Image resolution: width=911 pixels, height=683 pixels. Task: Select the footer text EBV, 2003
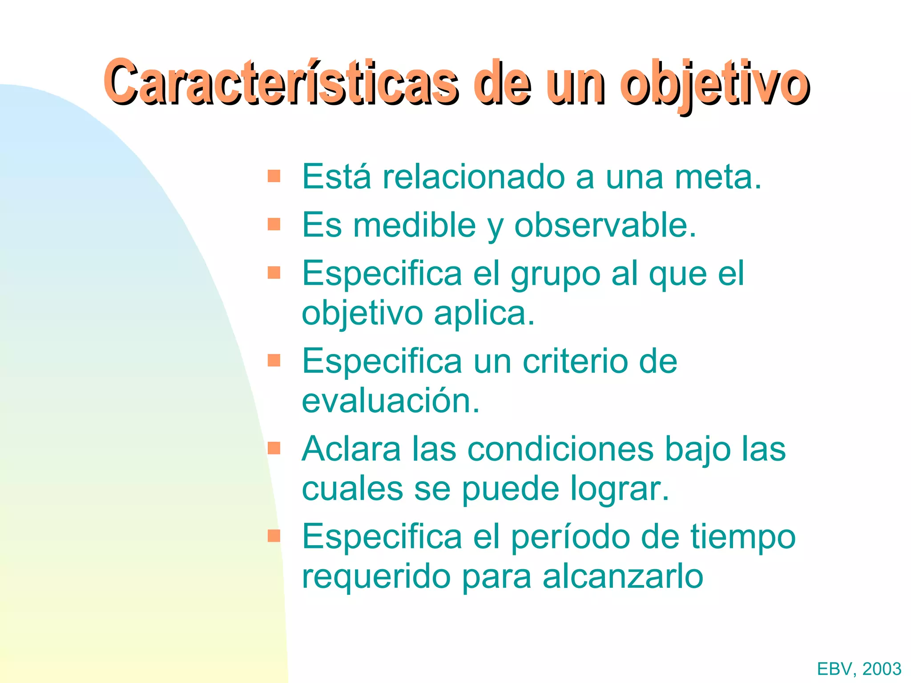pyautogui.click(x=859, y=669)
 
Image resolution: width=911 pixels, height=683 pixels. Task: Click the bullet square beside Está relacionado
pyautogui.click(x=274, y=176)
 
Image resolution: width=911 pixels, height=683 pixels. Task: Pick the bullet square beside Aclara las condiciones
pyautogui.click(x=274, y=448)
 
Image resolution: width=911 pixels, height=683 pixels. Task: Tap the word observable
pyautogui.click(x=605, y=225)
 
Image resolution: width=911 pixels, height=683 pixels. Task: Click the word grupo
pyautogui.click(x=556, y=274)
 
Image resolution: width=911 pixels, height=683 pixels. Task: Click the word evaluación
pyautogui.click(x=391, y=401)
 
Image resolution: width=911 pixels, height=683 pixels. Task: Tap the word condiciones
pyautogui.click(x=560, y=449)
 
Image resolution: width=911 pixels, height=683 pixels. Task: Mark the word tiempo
pyautogui.click(x=743, y=537)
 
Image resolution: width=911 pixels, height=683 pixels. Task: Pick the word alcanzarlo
pyautogui.click(x=623, y=577)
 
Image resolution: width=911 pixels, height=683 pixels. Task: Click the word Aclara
pyautogui.click(x=351, y=449)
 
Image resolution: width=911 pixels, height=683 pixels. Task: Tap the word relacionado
pyautogui.click(x=473, y=177)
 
